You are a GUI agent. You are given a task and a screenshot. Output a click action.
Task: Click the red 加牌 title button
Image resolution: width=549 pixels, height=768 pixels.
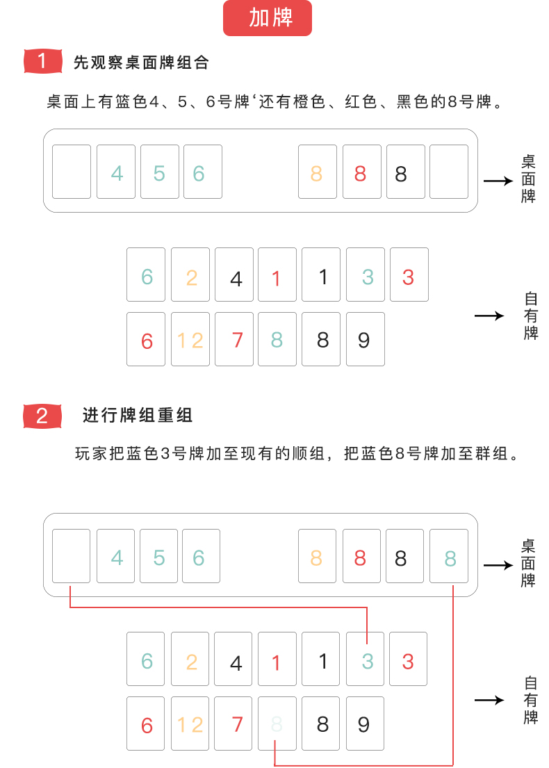[267, 19]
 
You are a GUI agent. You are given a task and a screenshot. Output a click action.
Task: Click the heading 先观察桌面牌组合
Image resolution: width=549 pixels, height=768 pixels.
[141, 63]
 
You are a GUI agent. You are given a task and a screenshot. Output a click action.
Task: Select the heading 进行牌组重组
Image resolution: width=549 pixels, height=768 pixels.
[138, 416]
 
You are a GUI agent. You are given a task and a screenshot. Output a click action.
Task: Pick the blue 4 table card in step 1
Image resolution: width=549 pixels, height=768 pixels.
[116, 172]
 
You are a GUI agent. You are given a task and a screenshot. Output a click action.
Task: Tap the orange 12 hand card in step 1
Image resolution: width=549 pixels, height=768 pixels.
[190, 339]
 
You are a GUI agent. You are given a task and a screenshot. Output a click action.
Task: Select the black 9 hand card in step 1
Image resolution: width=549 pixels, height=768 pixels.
[365, 339]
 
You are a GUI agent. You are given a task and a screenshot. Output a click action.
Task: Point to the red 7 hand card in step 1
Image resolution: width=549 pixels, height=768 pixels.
[234, 339]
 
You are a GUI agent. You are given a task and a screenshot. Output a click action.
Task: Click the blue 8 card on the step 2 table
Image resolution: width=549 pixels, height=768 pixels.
[450, 556]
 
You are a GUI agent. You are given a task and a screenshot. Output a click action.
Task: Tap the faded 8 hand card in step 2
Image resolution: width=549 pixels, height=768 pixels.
[277, 724]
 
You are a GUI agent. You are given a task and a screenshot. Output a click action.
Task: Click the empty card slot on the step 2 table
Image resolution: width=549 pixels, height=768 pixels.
[72, 556]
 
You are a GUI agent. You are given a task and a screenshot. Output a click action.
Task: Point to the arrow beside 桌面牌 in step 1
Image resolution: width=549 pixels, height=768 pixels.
[498, 181]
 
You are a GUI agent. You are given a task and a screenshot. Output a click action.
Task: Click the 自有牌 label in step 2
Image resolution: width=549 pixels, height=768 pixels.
[531, 700]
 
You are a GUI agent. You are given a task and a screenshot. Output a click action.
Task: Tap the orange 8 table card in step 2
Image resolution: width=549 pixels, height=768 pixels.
[317, 556]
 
